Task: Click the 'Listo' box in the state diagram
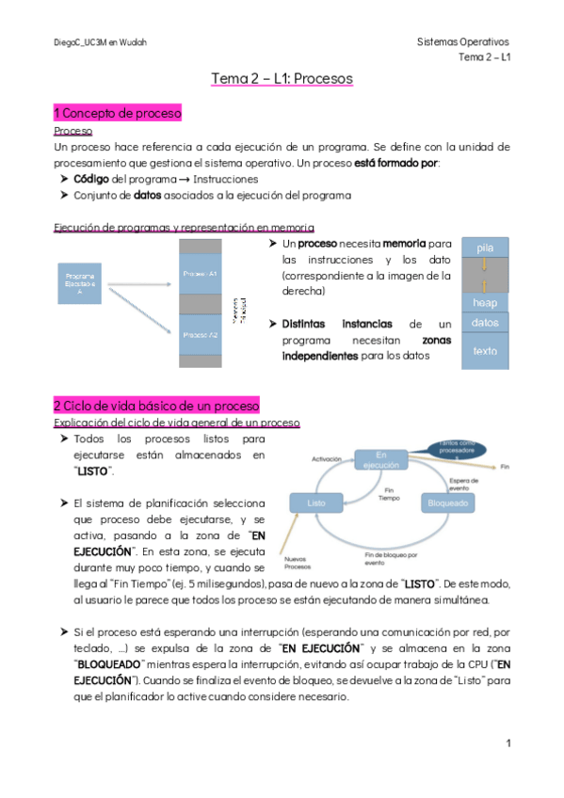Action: pyautogui.click(x=316, y=503)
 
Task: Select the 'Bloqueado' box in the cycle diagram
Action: pyautogui.click(x=446, y=503)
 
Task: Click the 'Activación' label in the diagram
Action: pyautogui.click(x=325, y=458)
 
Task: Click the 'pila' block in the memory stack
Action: pyautogui.click(x=485, y=247)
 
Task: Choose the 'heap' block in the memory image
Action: pyautogui.click(x=485, y=302)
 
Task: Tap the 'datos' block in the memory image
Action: pyautogui.click(x=485, y=323)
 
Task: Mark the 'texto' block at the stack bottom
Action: pyautogui.click(x=485, y=351)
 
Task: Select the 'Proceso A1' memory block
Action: pyautogui.click(x=201, y=274)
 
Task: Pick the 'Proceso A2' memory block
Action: pyautogui.click(x=201, y=334)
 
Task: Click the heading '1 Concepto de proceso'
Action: pyautogui.click(x=118, y=113)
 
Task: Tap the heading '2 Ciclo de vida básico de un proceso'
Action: pyautogui.click(x=156, y=406)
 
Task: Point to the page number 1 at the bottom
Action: pyautogui.click(x=508, y=743)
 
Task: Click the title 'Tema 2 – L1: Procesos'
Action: pyautogui.click(x=282, y=79)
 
